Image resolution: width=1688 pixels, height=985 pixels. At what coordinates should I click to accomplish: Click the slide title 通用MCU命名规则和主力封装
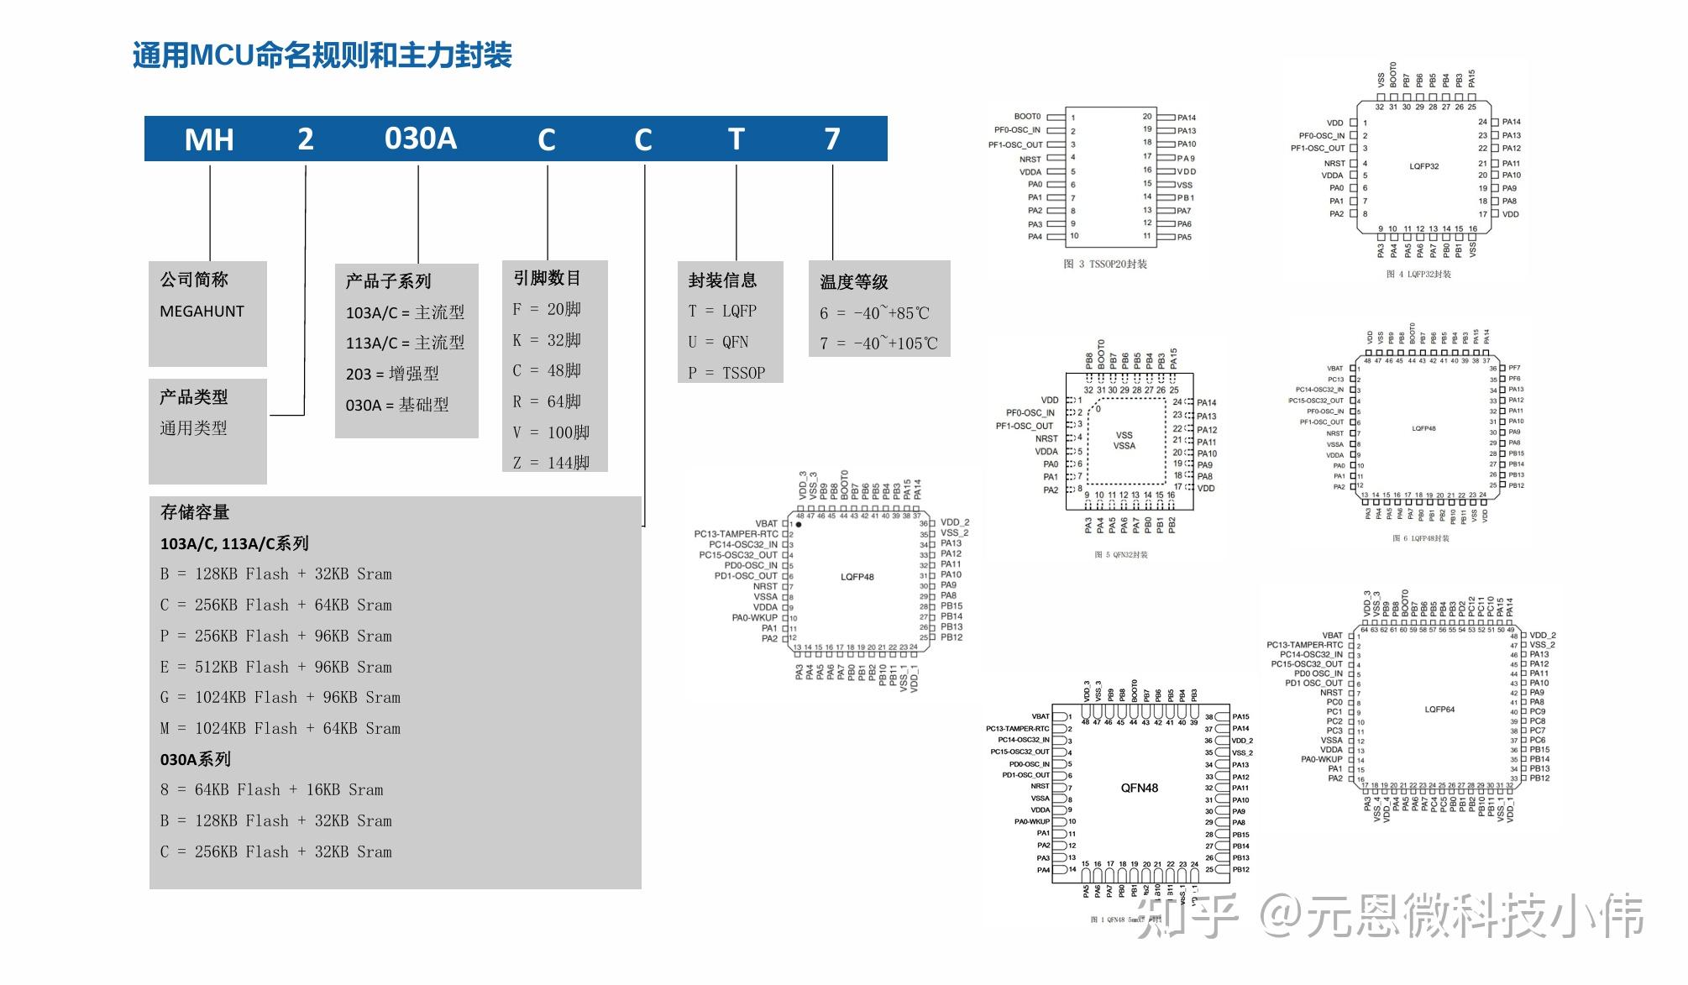(x=322, y=55)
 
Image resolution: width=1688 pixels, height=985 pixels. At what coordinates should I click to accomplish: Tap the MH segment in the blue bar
(x=209, y=139)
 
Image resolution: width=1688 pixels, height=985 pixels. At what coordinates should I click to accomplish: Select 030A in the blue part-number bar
(x=420, y=139)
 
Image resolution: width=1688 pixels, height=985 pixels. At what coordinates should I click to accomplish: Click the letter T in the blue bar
(x=736, y=139)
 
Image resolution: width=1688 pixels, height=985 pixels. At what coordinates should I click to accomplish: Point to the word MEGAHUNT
(x=202, y=312)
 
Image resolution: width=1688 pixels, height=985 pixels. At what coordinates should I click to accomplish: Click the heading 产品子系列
(x=388, y=281)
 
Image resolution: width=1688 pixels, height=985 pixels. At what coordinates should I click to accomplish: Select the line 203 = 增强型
(x=392, y=374)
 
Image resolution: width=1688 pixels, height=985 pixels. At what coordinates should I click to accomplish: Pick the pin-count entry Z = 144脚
(x=551, y=463)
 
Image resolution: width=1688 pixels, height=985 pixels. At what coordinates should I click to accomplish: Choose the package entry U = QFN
(x=718, y=342)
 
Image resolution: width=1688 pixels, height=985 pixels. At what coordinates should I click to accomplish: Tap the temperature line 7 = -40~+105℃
(x=878, y=343)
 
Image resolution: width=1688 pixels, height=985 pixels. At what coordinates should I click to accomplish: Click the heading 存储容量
(x=195, y=512)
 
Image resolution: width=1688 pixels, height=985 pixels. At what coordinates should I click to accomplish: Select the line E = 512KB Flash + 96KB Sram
(x=276, y=668)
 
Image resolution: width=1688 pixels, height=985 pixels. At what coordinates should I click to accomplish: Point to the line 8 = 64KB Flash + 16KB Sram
(x=271, y=790)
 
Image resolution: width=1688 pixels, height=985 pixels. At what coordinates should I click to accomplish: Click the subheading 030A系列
(x=196, y=759)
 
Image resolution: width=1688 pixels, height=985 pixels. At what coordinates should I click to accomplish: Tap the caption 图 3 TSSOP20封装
(x=1105, y=265)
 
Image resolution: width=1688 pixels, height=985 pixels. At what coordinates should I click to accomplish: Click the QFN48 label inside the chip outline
(x=1139, y=788)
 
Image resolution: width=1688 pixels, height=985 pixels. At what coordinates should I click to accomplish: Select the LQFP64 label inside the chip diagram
(x=1439, y=710)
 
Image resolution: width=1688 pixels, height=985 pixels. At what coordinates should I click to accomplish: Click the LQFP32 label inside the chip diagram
(x=1423, y=166)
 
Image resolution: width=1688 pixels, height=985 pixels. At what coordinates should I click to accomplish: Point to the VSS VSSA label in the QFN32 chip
(x=1124, y=440)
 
